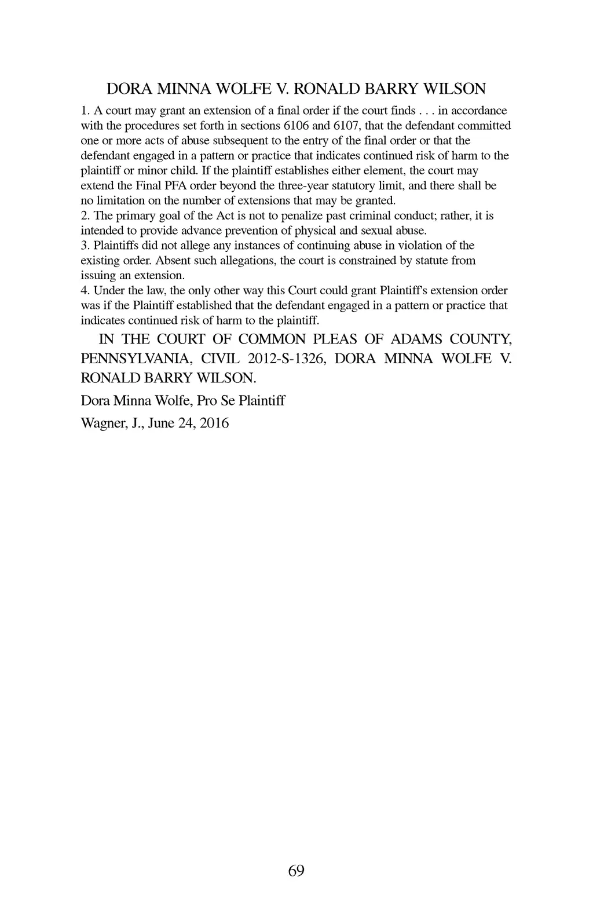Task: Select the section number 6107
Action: click(347, 126)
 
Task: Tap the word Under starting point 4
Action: click(110, 291)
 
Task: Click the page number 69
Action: click(296, 871)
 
